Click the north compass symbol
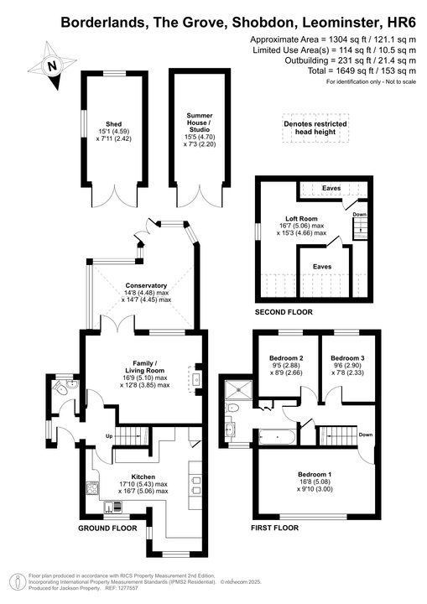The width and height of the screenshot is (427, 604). coord(53,64)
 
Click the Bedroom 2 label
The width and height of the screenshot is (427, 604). coord(281,357)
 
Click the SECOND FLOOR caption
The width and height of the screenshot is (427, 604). coord(284,313)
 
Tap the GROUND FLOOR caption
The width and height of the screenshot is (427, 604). coord(107,529)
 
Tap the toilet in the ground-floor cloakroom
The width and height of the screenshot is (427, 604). coord(61,388)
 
